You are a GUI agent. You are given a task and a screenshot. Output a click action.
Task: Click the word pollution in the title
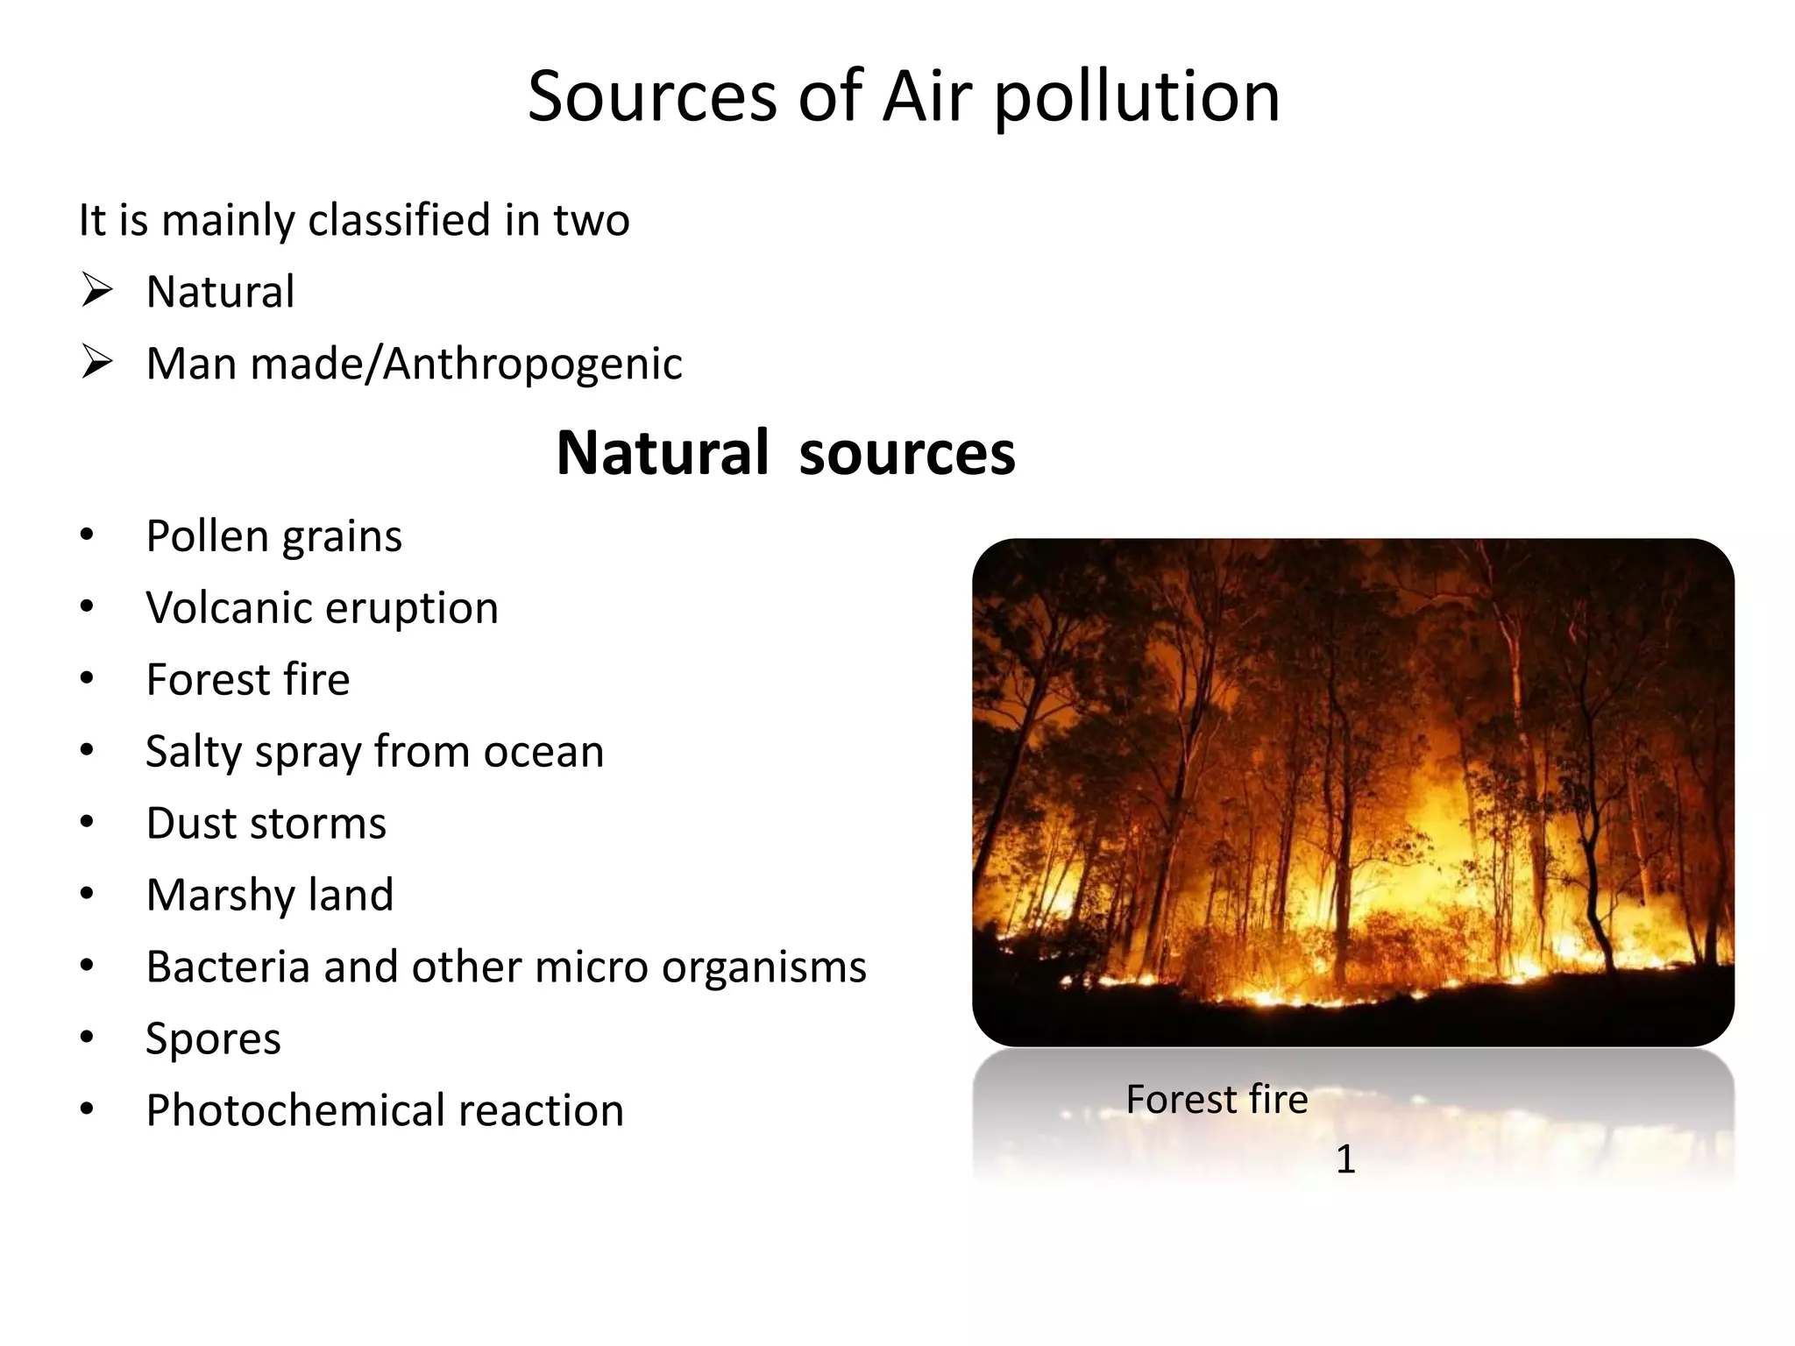(1137, 98)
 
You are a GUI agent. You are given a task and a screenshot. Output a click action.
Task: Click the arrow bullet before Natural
(96, 290)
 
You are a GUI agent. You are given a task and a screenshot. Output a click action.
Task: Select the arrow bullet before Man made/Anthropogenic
(96, 362)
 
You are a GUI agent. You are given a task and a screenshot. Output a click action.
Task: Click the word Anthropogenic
(533, 365)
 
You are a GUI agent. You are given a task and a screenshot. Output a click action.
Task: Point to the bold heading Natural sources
(785, 453)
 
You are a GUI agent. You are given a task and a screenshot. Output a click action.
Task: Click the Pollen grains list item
(273, 536)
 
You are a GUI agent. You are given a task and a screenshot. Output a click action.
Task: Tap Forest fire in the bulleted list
(247, 680)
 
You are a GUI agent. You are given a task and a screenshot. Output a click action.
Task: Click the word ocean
(543, 752)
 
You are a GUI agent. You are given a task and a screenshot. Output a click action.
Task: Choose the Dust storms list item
(266, 824)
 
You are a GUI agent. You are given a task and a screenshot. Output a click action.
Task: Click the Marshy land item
(269, 896)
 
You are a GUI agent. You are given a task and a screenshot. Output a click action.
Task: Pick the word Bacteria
(228, 967)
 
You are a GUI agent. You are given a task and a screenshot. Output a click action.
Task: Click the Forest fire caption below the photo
(1217, 1100)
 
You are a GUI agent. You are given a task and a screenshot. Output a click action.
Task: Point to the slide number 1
(1345, 1160)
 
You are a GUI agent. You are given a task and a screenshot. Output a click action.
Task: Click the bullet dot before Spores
(86, 1038)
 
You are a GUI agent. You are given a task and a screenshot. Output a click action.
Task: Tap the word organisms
(763, 967)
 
